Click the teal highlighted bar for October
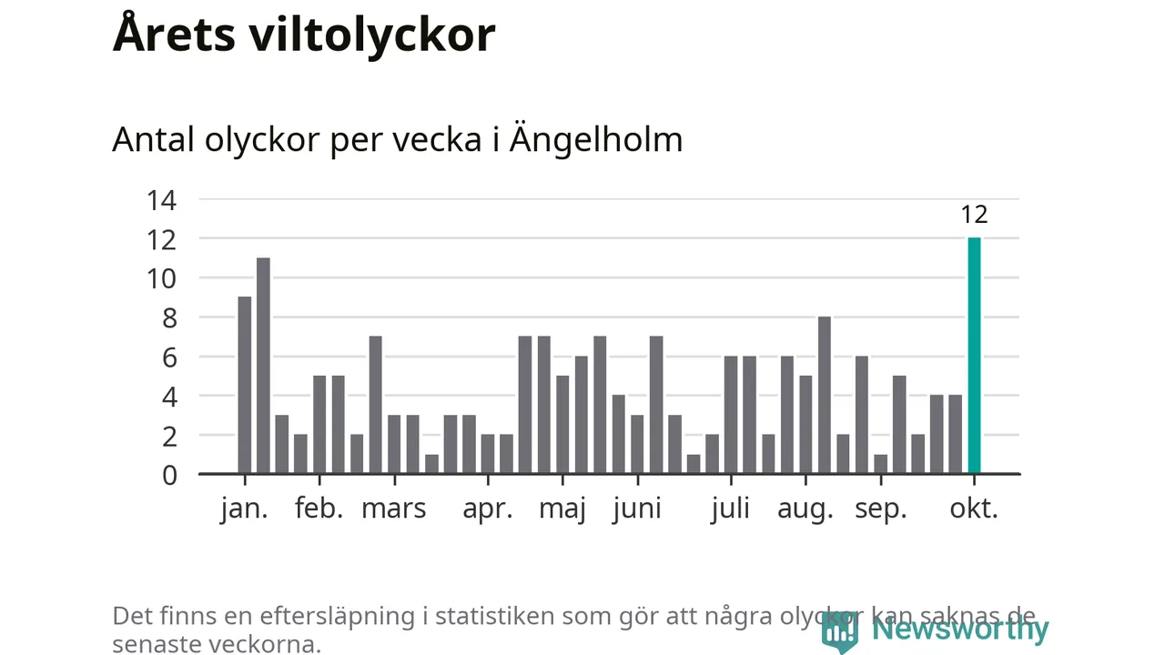pos(974,356)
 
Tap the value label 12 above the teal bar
pos(974,215)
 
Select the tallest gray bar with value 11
pos(263,366)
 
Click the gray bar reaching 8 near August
pos(825,395)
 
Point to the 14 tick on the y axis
pos(162,199)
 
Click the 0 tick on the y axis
pos(169,475)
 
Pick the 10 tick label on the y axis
pos(162,278)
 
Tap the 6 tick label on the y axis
pos(169,358)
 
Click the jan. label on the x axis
pos(244,509)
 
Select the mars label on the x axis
pos(393,509)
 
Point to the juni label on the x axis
pos(636,509)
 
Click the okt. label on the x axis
pos(974,509)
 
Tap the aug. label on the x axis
pos(805,509)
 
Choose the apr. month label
pos(488,509)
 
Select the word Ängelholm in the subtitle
pos(595,140)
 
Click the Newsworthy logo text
pos(959,629)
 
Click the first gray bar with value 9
pos(244,385)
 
